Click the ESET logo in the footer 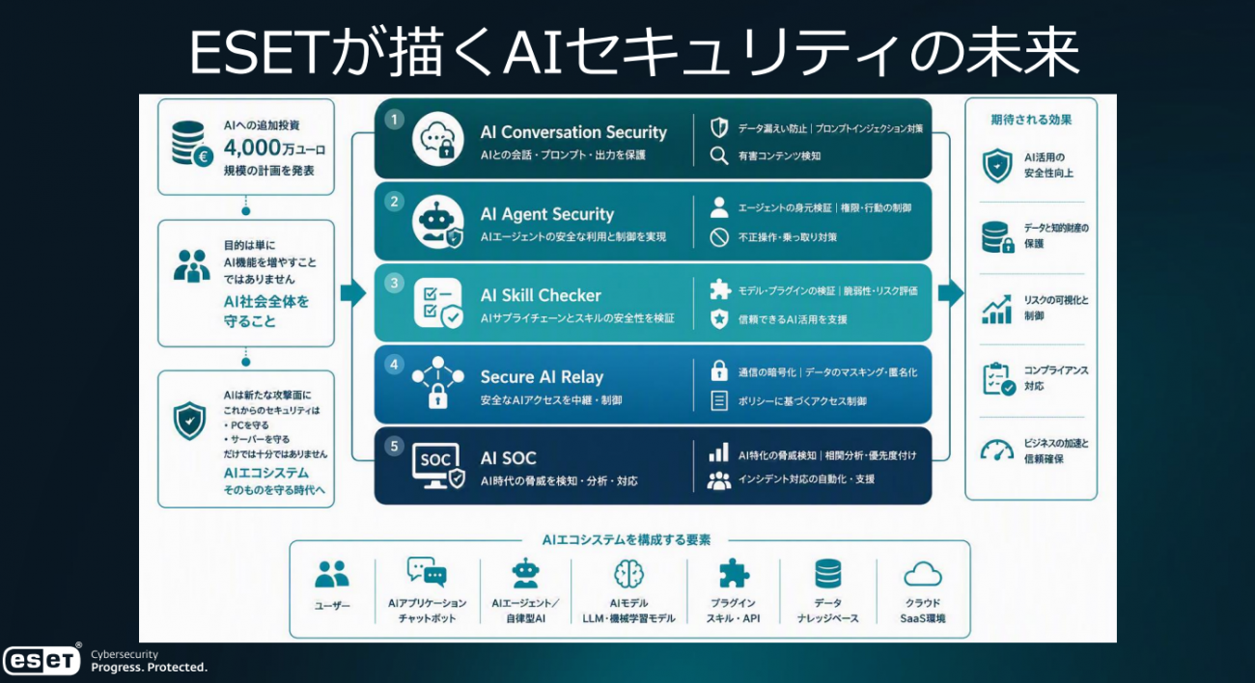coord(42,660)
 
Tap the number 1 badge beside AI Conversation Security coord(395,120)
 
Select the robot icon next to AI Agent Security coord(438,222)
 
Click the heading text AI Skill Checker coord(541,295)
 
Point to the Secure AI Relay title coord(542,377)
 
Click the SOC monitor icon coord(438,466)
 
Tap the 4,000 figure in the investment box coord(252,148)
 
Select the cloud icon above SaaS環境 coord(923,574)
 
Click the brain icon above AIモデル coord(628,574)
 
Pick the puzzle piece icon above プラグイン coord(734,573)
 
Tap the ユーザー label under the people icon coord(332,606)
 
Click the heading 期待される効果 coord(1031,120)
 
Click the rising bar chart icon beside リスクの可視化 coord(996,309)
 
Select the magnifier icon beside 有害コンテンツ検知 coord(719,155)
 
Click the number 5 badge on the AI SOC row coord(395,447)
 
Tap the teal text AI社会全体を coord(266,302)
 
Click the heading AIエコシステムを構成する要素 coord(626,539)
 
